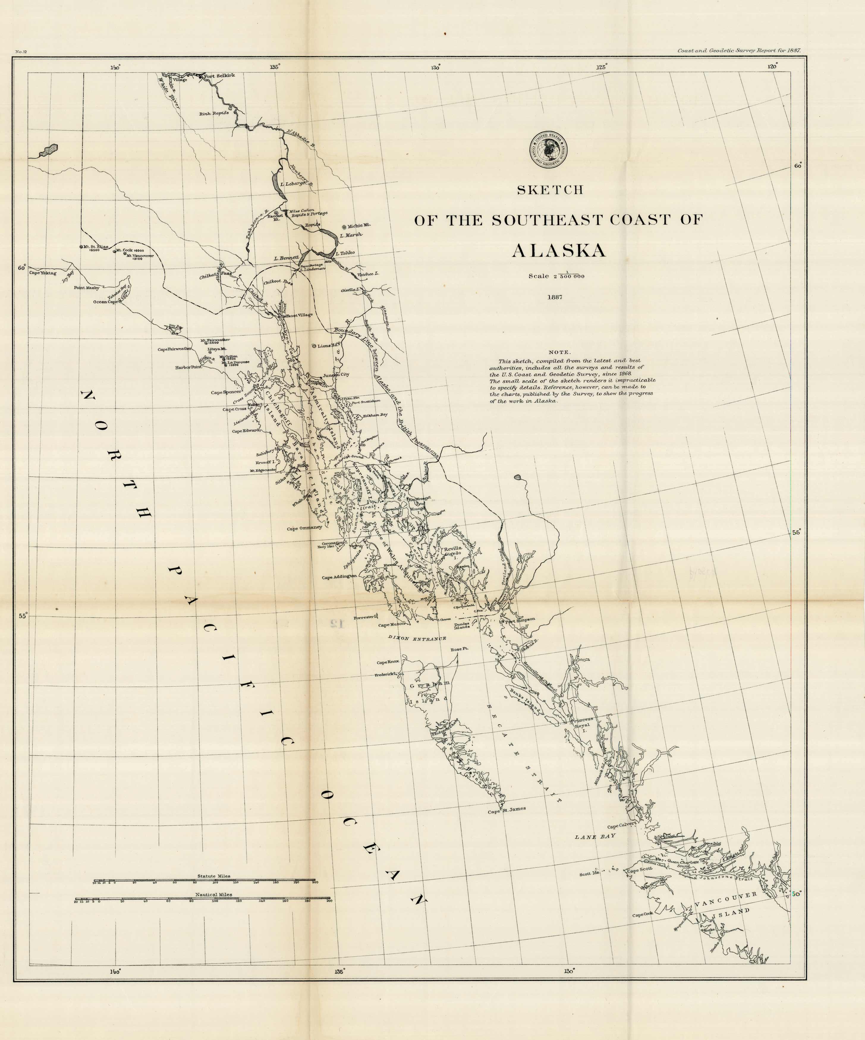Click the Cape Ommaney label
coord(304,528)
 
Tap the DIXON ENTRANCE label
coord(417,638)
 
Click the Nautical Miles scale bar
coord(203,898)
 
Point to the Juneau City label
coord(336,374)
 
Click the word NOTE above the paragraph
coord(559,352)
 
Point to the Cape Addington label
coord(339,577)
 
